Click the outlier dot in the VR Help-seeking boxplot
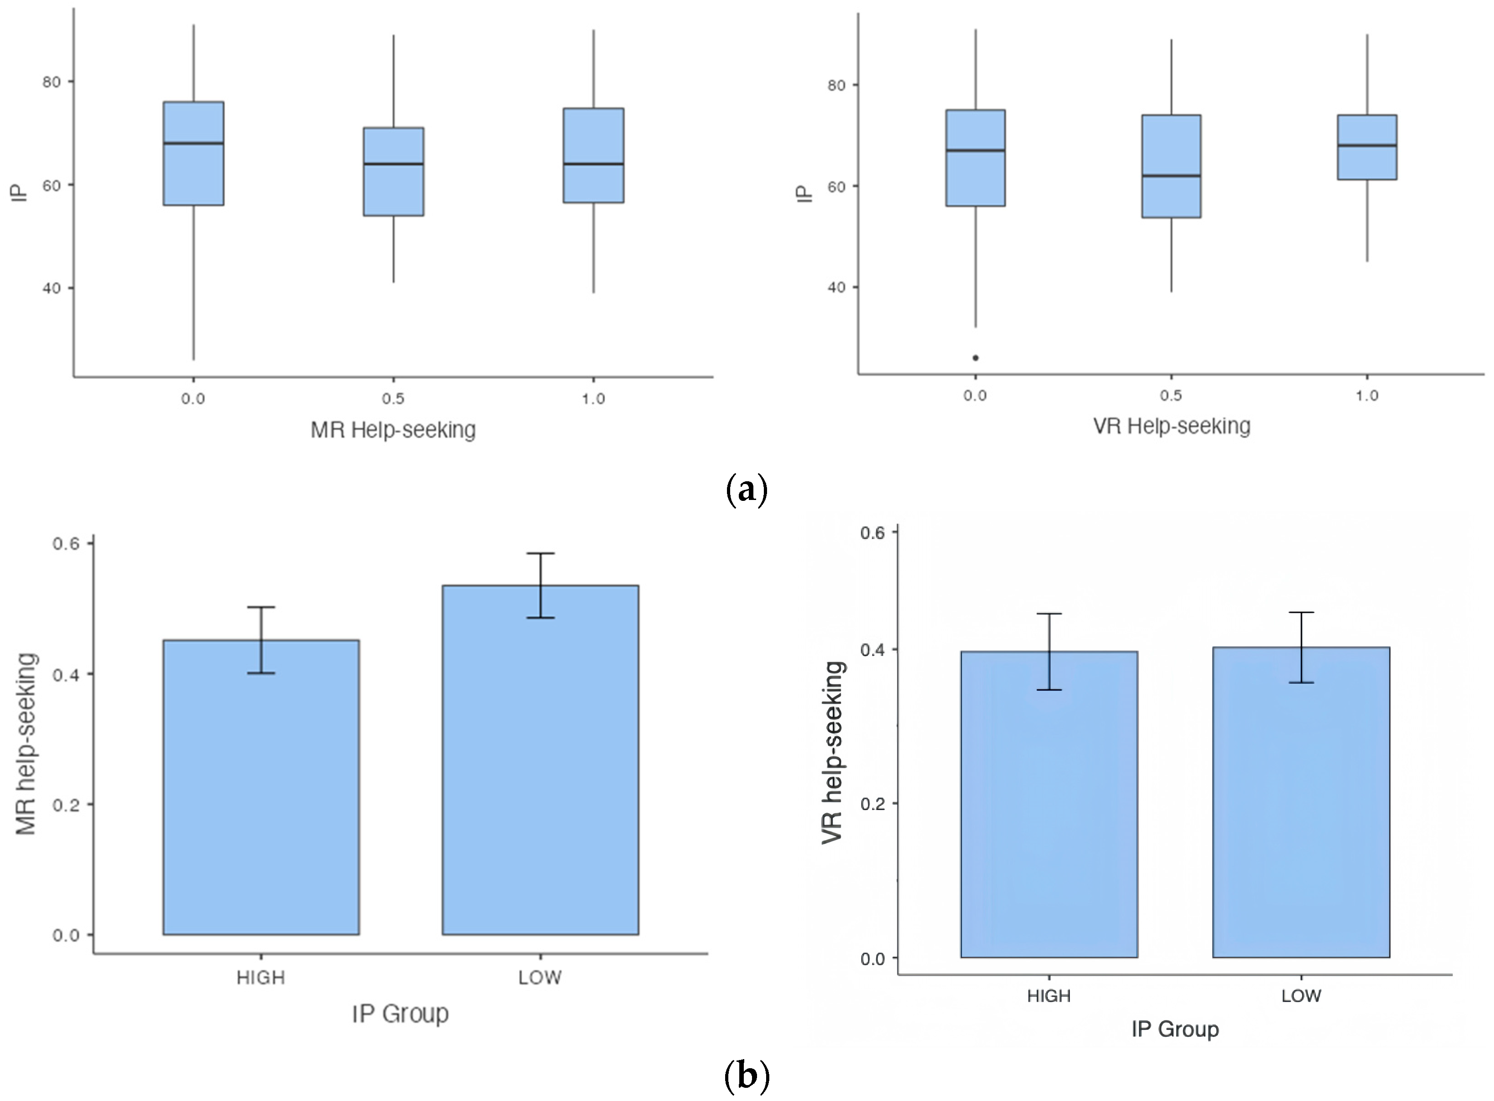(975, 358)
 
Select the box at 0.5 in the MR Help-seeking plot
(394, 171)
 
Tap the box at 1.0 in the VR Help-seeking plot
(1366, 147)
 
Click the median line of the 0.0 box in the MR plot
(193, 143)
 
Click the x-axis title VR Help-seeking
(1172, 426)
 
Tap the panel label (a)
(746, 490)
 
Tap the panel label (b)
(746, 1075)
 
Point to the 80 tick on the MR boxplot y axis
(51, 82)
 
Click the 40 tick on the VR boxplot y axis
(836, 287)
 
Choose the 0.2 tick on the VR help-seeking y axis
(873, 804)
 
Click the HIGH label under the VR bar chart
(1048, 996)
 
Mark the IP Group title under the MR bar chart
(400, 1014)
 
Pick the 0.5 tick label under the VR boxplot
(1171, 395)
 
